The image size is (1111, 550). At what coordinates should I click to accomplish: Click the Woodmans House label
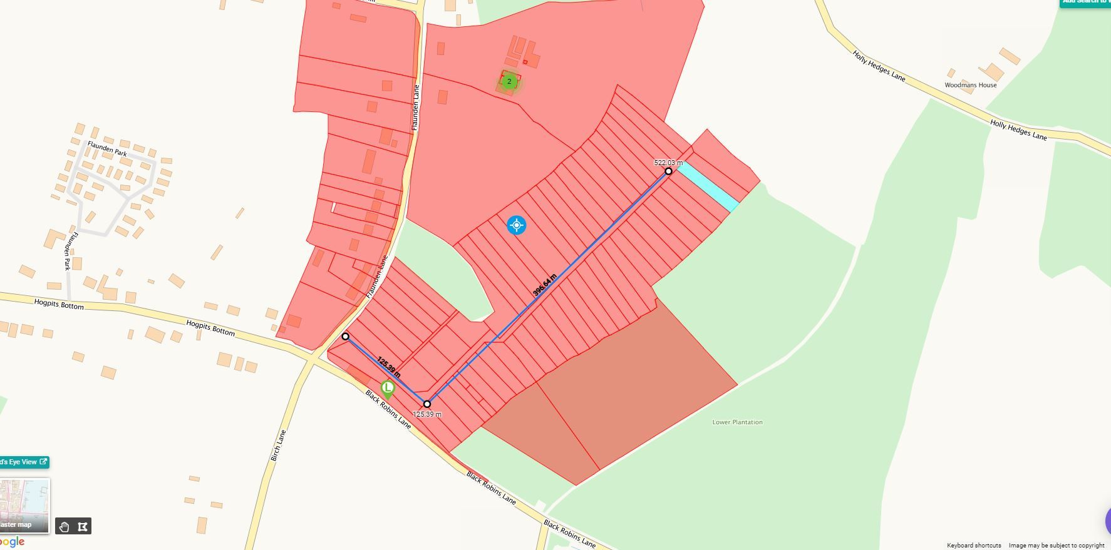pos(970,85)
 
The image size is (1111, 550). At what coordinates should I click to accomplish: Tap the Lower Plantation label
pos(737,422)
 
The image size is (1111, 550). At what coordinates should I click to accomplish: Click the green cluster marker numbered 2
pos(509,81)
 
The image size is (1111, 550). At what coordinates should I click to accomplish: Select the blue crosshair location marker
pos(516,225)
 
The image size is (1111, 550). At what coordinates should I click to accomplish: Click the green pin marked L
pos(388,389)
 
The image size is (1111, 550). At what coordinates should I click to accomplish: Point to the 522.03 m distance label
pos(668,163)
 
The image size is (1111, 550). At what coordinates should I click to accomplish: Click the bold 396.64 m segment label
pos(544,285)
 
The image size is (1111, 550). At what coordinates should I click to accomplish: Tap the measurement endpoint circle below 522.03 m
pos(668,171)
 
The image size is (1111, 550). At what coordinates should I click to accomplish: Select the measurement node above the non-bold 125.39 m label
pos(427,404)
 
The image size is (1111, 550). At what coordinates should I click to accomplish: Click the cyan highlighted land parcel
pos(708,186)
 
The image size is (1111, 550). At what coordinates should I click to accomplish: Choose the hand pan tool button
pos(64,527)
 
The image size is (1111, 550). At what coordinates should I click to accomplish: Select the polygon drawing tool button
pos(83,527)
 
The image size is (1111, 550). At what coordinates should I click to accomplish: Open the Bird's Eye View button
pos(23,462)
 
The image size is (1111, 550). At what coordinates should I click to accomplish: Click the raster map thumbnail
pos(24,505)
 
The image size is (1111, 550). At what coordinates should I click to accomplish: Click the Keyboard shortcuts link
pos(973,546)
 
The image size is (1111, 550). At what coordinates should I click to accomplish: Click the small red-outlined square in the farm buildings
pos(525,62)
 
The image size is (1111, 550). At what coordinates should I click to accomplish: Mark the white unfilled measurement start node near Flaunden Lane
pos(345,337)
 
